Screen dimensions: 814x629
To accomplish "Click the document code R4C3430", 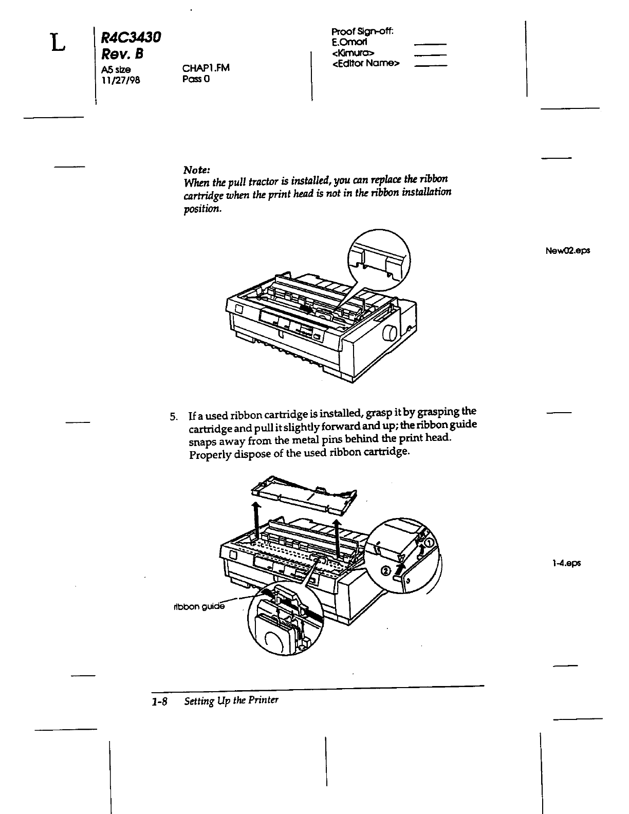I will pos(131,38).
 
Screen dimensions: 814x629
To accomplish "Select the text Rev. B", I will pos(123,54).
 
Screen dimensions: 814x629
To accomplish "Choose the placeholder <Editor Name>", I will pos(366,64).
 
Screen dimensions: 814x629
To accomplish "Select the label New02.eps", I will pos(567,251).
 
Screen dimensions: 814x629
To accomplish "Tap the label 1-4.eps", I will pos(567,563).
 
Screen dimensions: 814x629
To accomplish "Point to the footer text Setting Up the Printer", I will pos(231,700).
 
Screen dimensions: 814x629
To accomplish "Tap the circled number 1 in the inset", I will pos(429,543).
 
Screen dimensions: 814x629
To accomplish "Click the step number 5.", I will pos(175,416).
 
